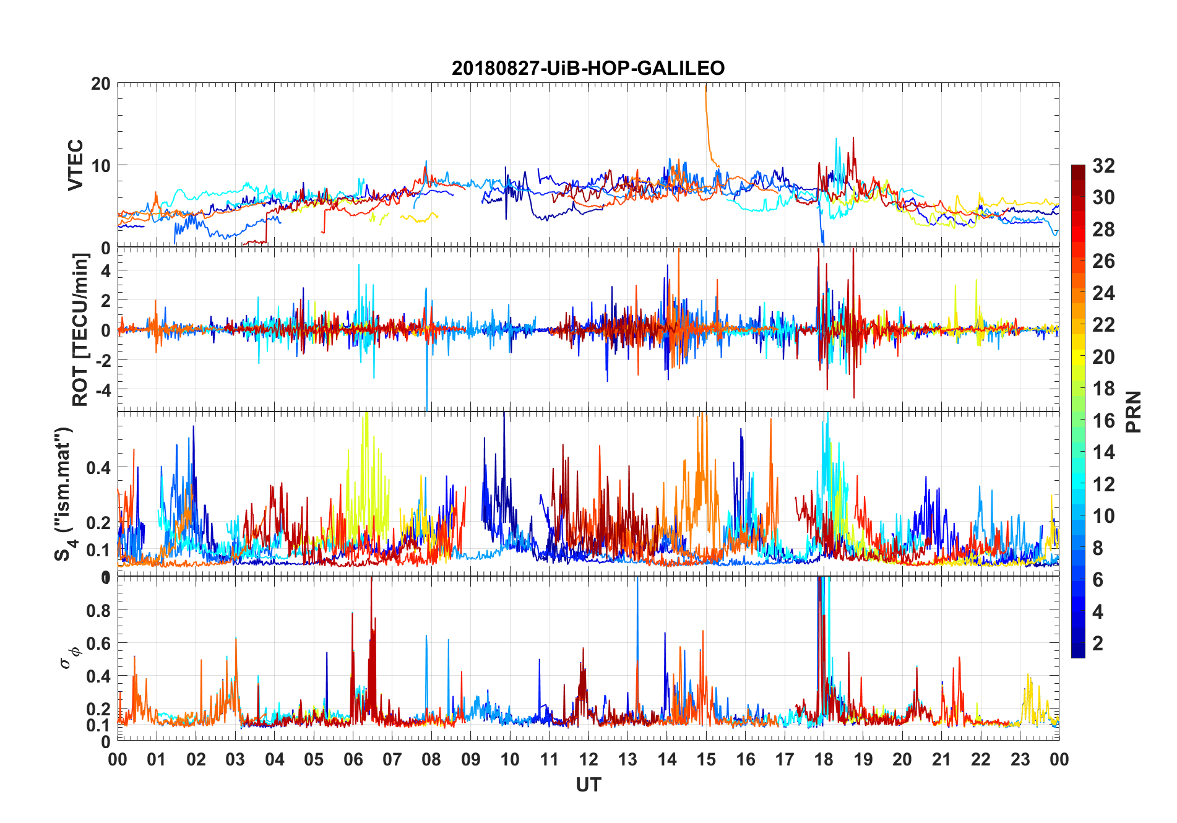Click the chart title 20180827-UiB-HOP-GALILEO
(x=588, y=68)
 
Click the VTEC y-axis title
(x=75, y=165)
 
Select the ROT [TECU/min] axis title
(x=80, y=329)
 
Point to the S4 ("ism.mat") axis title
(x=64, y=494)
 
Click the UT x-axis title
(x=588, y=785)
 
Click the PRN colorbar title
(x=1134, y=411)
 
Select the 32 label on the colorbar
(x=1103, y=166)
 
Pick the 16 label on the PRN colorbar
(x=1103, y=421)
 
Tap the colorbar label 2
(x=1098, y=644)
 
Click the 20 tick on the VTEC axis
(x=101, y=84)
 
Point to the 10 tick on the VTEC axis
(x=101, y=166)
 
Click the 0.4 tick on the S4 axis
(x=98, y=468)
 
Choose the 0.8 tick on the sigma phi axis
(x=98, y=611)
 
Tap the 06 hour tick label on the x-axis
(x=353, y=760)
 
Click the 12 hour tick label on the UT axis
(x=588, y=760)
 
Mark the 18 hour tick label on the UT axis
(x=824, y=760)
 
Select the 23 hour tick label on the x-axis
(x=1020, y=760)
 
